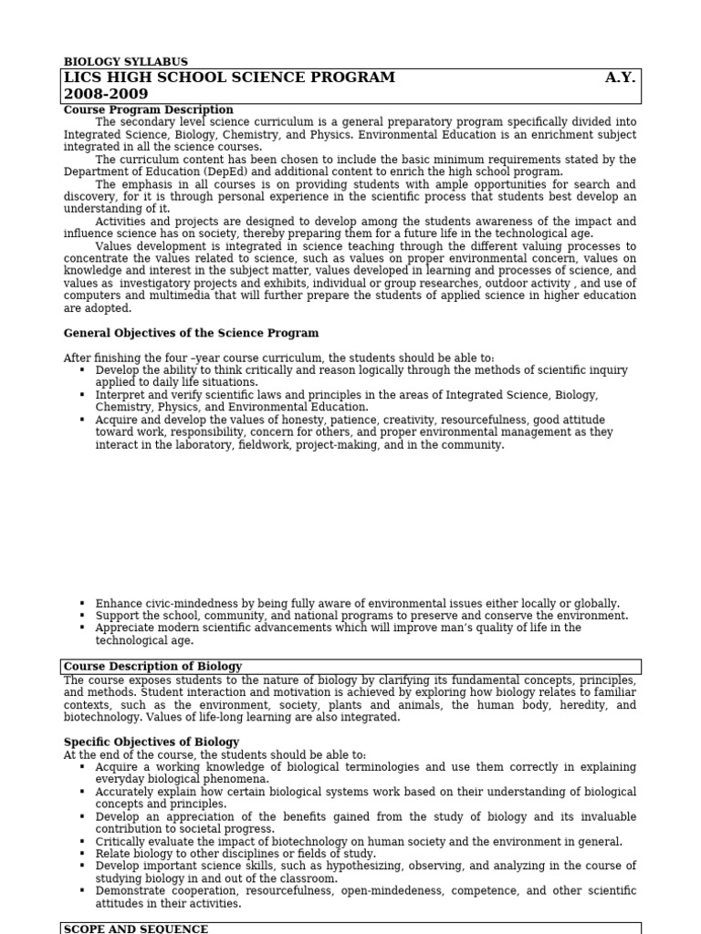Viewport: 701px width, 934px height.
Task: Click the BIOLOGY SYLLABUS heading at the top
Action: [x=125, y=62]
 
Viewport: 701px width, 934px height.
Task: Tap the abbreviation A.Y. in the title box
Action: [x=620, y=78]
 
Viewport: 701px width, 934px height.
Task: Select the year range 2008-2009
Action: [x=106, y=94]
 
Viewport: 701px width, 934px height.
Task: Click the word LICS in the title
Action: [x=83, y=78]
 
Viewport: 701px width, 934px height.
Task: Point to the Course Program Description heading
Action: [x=148, y=109]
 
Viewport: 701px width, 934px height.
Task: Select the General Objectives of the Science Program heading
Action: [x=191, y=333]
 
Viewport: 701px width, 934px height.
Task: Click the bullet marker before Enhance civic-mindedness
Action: [x=82, y=604]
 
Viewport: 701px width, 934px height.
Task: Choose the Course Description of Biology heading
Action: [x=152, y=667]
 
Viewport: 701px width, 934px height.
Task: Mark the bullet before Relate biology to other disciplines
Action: [x=82, y=854]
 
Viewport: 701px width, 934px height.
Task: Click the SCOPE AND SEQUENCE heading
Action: [x=135, y=929]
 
